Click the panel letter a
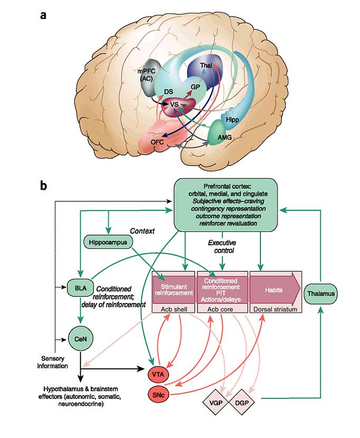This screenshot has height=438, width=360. tap(43, 15)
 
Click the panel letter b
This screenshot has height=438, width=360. tap(44, 186)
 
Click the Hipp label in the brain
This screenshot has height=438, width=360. tap(232, 120)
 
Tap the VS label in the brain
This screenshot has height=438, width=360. tap(174, 104)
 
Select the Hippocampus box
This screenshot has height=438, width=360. tap(109, 242)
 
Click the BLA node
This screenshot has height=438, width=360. tap(77, 288)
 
